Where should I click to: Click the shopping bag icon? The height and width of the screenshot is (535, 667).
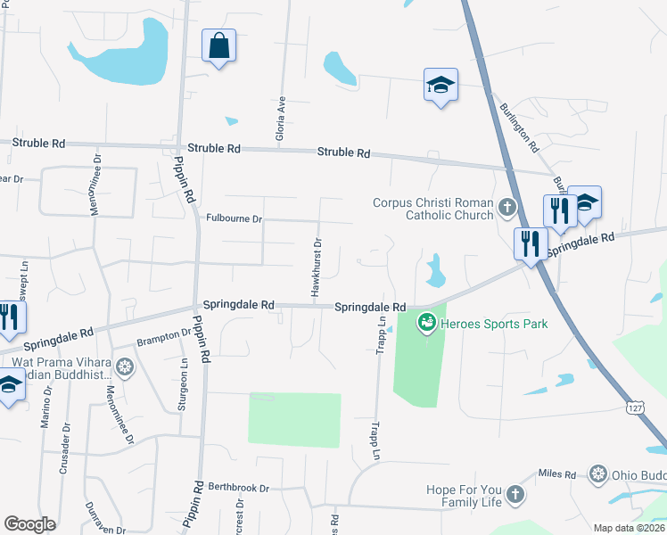[x=218, y=45]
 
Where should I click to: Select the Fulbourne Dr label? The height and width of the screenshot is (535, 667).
[x=234, y=218]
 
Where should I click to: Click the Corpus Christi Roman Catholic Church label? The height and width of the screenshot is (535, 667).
[x=433, y=209]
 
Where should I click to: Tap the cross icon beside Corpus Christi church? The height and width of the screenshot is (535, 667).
[x=507, y=209]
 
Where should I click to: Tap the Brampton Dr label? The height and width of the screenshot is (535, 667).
[x=164, y=337]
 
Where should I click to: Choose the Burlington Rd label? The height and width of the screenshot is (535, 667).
[x=520, y=126]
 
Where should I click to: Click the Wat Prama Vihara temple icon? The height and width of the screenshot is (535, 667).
[x=126, y=366]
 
